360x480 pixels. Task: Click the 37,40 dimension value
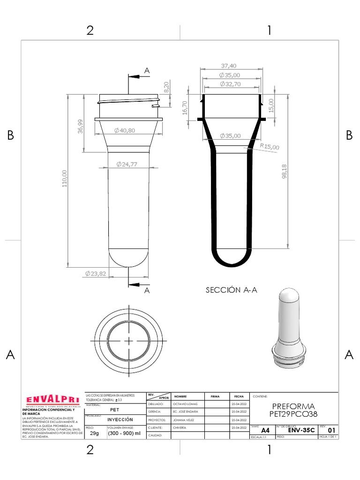click(228, 66)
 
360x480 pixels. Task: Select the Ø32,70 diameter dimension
click(230, 84)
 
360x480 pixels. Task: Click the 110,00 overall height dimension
click(65, 179)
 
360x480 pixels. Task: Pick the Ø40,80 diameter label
click(124, 130)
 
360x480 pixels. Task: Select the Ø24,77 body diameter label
click(127, 164)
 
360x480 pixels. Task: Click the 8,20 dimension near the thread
click(165, 87)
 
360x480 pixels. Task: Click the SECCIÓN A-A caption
click(232, 290)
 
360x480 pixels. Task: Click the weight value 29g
click(94, 434)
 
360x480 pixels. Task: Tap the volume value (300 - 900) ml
click(124, 434)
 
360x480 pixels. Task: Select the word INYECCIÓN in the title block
click(120, 419)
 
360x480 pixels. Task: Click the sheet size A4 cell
click(265, 430)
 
